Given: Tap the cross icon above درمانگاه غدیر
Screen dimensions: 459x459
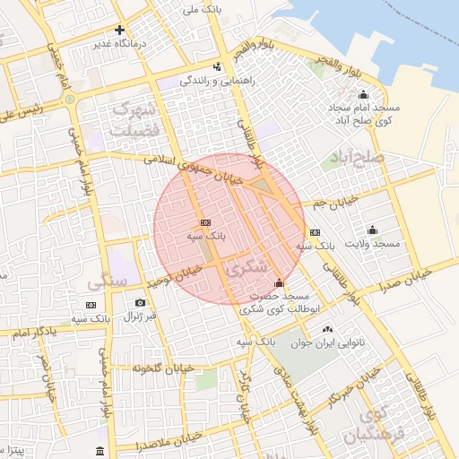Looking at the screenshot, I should tap(119, 30).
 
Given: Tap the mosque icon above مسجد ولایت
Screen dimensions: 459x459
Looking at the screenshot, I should tap(372, 229).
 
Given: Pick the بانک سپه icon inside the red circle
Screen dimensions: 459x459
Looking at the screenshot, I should tap(205, 221).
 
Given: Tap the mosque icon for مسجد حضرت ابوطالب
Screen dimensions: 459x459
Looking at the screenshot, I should tap(279, 283).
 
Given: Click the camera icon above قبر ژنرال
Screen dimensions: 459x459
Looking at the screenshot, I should tap(140, 303).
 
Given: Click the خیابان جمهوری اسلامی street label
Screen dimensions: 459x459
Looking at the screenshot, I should tap(203, 170).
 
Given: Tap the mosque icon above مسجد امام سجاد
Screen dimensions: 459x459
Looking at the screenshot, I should tap(363, 95).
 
